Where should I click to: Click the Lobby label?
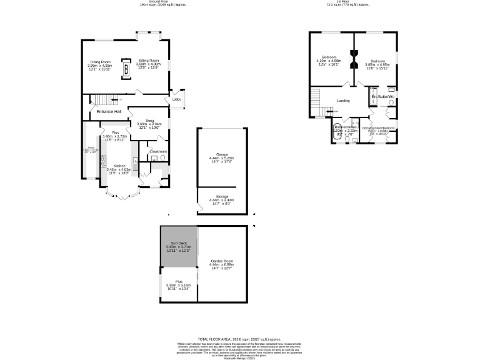177,99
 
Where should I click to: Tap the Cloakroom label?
157,151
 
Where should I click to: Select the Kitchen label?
119,166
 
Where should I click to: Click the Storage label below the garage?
222,196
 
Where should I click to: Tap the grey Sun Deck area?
179,246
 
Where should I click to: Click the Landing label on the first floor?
343,101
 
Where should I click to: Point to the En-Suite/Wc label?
382,97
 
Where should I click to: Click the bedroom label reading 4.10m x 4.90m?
329,57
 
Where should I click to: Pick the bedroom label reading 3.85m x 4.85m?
377,57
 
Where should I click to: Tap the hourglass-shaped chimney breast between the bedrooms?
353,60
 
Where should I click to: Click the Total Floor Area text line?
239,338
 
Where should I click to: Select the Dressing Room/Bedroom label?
380,129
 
